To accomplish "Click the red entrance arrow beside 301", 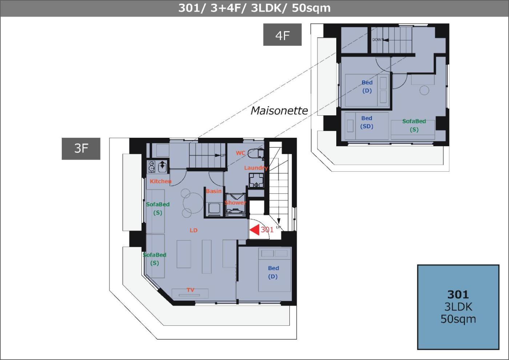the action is pos(254,230).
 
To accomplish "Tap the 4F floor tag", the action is pos(282,35).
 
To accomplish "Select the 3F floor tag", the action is pos(81,149).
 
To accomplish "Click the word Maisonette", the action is pos(279,111).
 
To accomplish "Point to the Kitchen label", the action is pos(161,181).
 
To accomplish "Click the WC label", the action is pos(240,153).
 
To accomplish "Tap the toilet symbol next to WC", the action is pos(255,153).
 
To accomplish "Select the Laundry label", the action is pos(256,168).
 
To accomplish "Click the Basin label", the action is pos(214,191).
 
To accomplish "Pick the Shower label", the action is pos(235,203).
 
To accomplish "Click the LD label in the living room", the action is pos(193,230).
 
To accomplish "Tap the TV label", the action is pos(191,290).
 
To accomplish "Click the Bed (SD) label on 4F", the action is pos(367,122).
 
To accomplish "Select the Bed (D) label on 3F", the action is pos(273,272).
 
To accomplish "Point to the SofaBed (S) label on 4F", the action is pos(414,125).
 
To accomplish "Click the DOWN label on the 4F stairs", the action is pos(377,40).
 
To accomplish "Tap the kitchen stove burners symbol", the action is pos(151,166).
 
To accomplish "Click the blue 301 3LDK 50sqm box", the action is pos(458,307).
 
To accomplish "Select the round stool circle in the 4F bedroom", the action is pos(424,90).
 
